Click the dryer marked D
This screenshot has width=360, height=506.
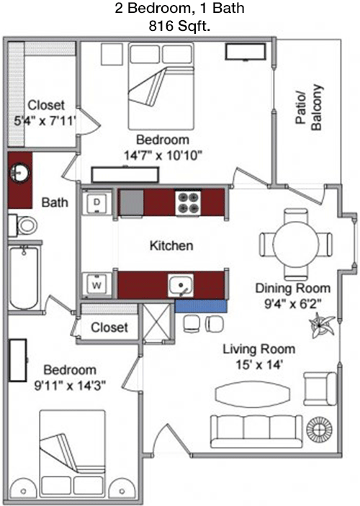pyautogui.click(x=97, y=203)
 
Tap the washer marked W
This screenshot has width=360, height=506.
pyautogui.click(x=97, y=285)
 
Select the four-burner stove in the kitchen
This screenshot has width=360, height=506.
pyautogui.click(x=188, y=203)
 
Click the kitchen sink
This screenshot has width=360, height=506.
pyautogui.click(x=181, y=286)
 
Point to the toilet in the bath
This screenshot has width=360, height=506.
pyautogui.click(x=23, y=225)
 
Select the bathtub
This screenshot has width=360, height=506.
pyautogui.click(x=24, y=278)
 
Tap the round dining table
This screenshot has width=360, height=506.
pyautogui.click(x=296, y=245)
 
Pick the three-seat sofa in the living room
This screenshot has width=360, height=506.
pyautogui.click(x=257, y=431)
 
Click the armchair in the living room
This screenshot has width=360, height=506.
pyautogui.click(x=320, y=389)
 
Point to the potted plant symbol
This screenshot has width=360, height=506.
pyautogui.click(x=321, y=325)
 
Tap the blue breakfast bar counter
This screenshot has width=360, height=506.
pyautogui.click(x=201, y=306)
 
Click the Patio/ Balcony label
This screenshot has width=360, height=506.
pyautogui.click(x=309, y=108)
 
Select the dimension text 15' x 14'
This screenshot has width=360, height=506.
pyautogui.click(x=259, y=365)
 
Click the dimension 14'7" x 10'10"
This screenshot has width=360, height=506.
pyautogui.click(x=163, y=155)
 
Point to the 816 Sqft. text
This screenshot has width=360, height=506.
pyautogui.click(x=179, y=27)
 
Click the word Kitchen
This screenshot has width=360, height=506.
pyautogui.click(x=171, y=245)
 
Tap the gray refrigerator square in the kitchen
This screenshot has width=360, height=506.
pyautogui.click(x=132, y=203)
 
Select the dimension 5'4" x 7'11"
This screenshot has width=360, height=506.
pyautogui.click(x=45, y=121)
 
